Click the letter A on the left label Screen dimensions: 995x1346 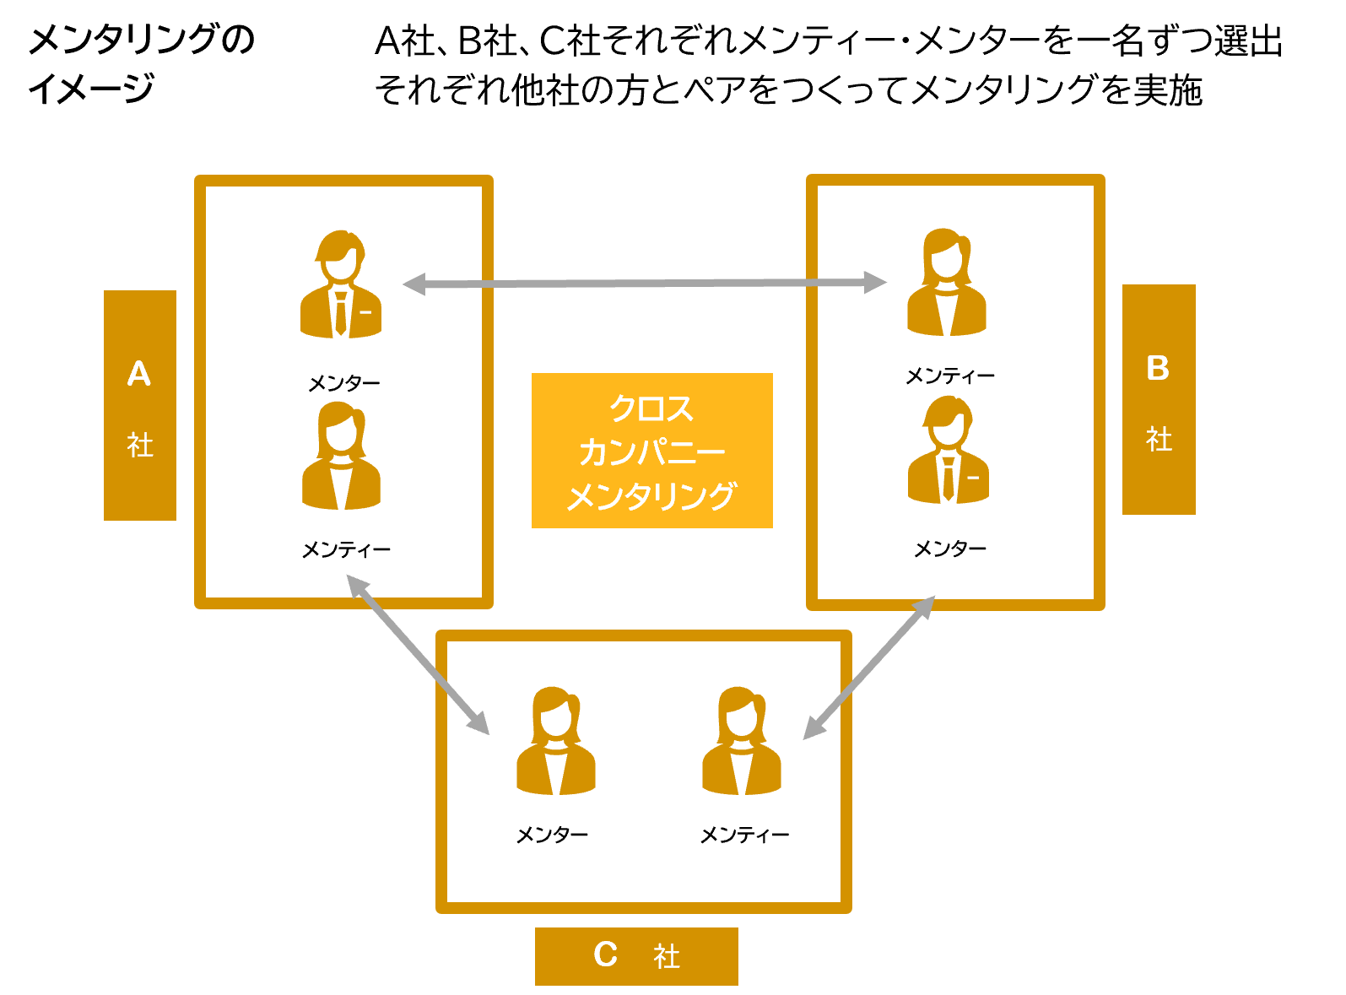(x=139, y=374)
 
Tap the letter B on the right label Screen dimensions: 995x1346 (x=1158, y=368)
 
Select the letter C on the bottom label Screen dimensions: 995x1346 (x=605, y=954)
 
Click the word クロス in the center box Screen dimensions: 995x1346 (x=651, y=408)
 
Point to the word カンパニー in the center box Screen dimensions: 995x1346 (x=651, y=452)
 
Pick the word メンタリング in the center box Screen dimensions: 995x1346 (x=651, y=496)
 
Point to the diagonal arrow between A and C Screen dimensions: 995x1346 (x=418, y=654)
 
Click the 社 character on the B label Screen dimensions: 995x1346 (x=1159, y=439)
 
